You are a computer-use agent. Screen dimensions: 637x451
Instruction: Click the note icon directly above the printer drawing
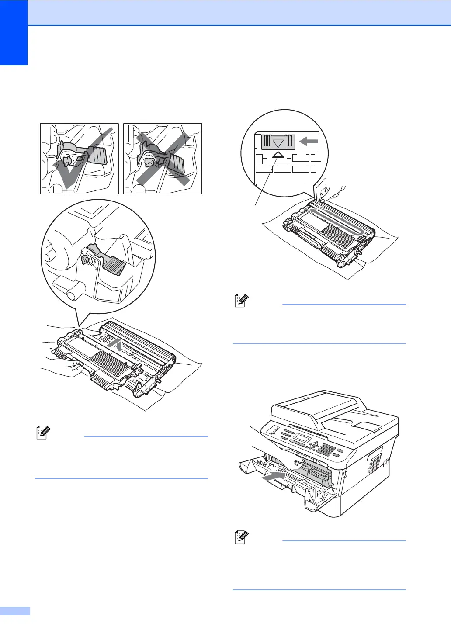click(242, 301)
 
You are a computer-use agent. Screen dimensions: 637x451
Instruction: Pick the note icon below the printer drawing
click(242, 538)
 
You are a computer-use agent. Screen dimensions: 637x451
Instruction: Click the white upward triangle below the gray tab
click(278, 154)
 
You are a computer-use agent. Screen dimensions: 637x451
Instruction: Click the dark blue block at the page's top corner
click(14, 32)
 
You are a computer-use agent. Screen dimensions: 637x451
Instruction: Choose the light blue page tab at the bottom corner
click(15, 611)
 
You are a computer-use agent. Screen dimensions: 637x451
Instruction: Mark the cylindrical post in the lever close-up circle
click(75, 292)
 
